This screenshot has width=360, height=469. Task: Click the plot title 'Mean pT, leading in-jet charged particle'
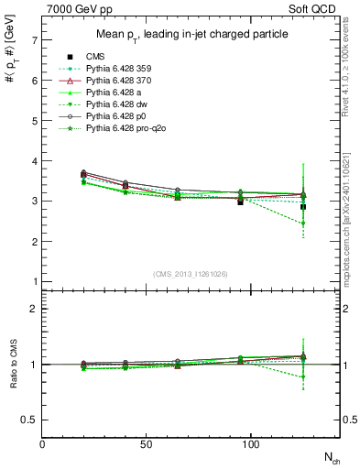(189, 35)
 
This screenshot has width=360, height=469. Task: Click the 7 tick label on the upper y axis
(34, 40)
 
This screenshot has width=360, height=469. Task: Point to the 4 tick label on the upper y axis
(34, 161)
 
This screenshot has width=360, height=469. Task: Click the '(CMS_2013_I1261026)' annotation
(190, 272)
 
